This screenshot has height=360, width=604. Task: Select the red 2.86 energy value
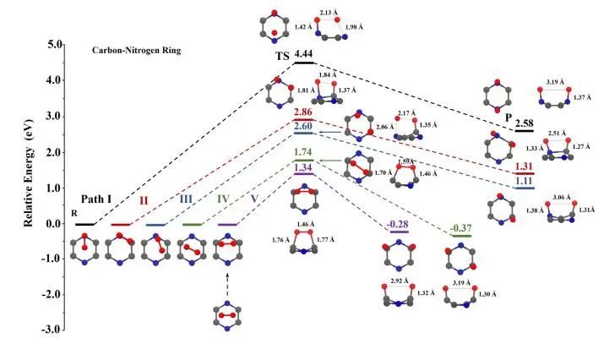(x=303, y=112)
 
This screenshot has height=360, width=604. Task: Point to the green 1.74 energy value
(x=303, y=152)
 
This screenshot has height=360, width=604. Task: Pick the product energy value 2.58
(x=525, y=123)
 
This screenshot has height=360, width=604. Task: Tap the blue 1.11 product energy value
(x=525, y=181)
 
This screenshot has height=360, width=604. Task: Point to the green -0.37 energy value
(x=460, y=228)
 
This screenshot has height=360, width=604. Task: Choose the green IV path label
(x=223, y=199)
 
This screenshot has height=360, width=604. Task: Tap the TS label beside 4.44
(x=282, y=56)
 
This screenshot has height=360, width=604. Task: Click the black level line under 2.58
(x=525, y=131)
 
